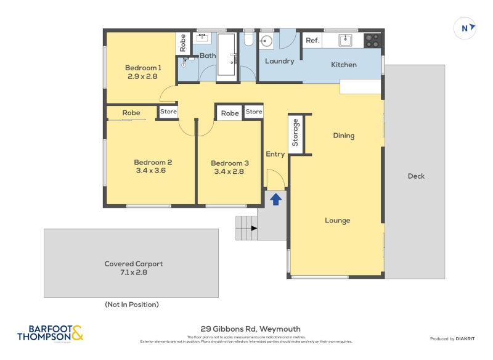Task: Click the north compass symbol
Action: point(465,27)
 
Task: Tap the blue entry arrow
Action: point(276,199)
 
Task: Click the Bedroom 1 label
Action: point(143,68)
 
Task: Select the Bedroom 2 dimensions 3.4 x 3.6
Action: point(153,171)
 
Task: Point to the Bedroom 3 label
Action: point(229,163)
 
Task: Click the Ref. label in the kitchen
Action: point(312,41)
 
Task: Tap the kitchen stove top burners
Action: point(373,40)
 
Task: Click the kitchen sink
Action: point(346,40)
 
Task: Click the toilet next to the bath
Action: point(248,40)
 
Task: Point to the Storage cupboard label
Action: point(296,133)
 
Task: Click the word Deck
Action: point(416,176)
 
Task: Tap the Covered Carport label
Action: point(133,264)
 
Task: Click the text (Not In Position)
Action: point(131,305)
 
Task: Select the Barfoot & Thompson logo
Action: point(50,333)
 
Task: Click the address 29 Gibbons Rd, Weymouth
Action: point(250,329)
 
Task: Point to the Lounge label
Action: point(338,221)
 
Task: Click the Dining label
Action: point(343,136)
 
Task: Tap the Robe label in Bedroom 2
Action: point(131,113)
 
